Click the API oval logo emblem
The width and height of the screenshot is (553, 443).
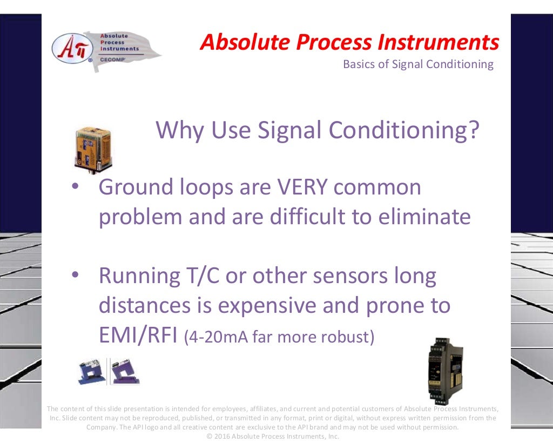[x=72, y=48]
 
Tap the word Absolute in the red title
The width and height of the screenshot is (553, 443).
[x=235, y=42]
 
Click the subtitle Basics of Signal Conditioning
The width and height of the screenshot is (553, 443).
[x=418, y=64]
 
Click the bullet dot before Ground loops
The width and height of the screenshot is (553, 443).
[x=76, y=186]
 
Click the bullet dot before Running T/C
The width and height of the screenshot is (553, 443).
[x=76, y=275]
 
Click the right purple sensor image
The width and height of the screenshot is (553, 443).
[x=124, y=371]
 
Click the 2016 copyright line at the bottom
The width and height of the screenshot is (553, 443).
[x=273, y=436]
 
